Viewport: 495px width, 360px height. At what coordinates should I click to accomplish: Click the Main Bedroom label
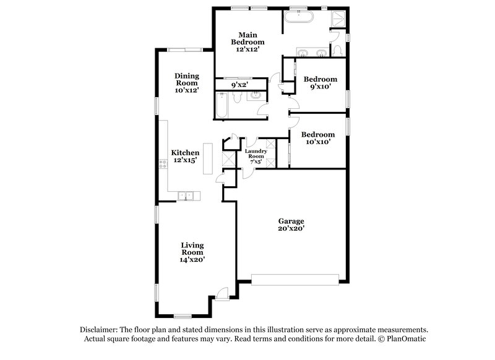pos(244,41)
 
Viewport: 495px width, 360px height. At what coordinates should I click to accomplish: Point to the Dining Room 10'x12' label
pos(186,83)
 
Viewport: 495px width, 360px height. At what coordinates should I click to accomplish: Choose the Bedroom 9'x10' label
pos(320,83)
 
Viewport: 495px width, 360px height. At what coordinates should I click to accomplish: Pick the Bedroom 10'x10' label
pos(318,138)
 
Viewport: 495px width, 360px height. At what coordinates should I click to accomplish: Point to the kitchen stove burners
pos(163,164)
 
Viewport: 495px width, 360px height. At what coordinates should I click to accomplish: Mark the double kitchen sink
pos(186,197)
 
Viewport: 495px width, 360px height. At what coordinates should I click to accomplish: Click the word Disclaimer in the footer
pos(98,330)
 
